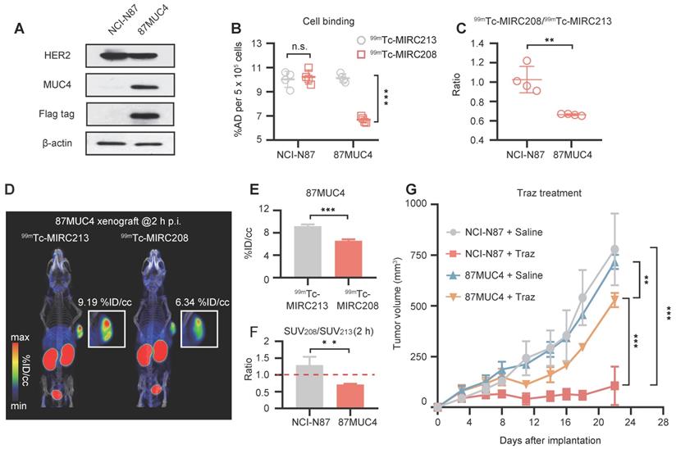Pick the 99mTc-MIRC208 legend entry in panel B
[395, 53]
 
